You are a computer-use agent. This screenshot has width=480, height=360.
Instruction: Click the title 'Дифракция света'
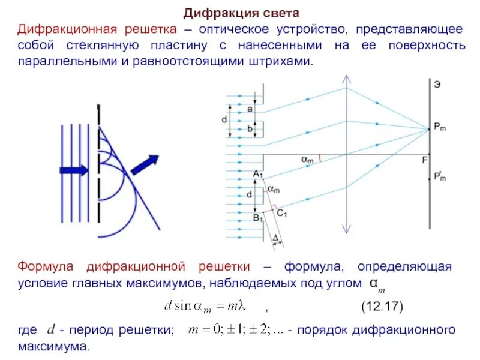(241, 13)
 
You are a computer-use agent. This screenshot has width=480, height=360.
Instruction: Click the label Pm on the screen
(440, 127)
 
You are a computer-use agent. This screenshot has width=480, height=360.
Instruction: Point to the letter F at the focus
(424, 160)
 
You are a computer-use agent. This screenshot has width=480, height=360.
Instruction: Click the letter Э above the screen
(437, 85)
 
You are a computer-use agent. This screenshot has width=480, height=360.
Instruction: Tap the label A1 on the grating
(258, 174)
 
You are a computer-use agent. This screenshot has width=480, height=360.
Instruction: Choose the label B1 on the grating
(258, 217)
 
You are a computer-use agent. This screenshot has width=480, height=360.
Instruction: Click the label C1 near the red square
(282, 212)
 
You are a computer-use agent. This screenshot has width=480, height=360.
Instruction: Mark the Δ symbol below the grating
(275, 239)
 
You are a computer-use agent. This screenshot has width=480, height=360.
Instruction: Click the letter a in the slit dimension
(250, 109)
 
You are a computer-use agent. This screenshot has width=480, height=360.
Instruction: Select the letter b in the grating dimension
(250, 128)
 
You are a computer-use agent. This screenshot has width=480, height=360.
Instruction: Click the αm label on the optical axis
(307, 159)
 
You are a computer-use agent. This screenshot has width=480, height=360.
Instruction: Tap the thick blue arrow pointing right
(74, 170)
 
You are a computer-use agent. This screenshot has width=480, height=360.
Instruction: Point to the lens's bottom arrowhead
(346, 230)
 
